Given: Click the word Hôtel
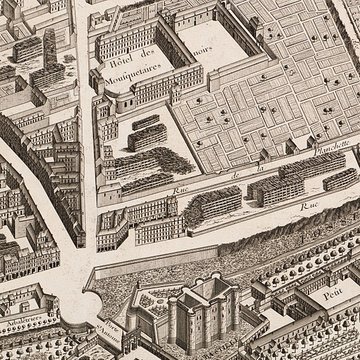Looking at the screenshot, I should (117, 64).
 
